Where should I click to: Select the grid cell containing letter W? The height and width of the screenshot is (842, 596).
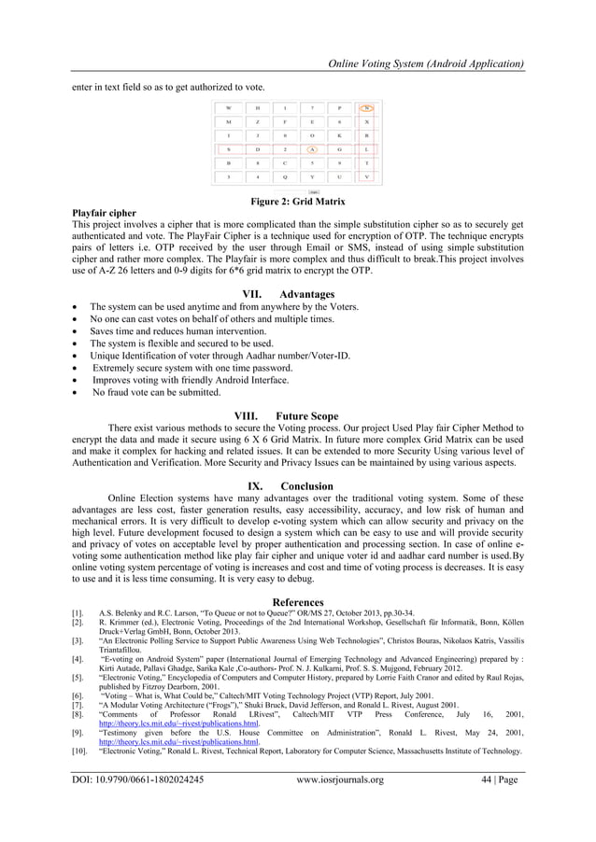[229, 107]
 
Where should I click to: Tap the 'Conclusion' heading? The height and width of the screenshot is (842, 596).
[306, 485]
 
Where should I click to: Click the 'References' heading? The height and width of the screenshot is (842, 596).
[297, 602]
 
